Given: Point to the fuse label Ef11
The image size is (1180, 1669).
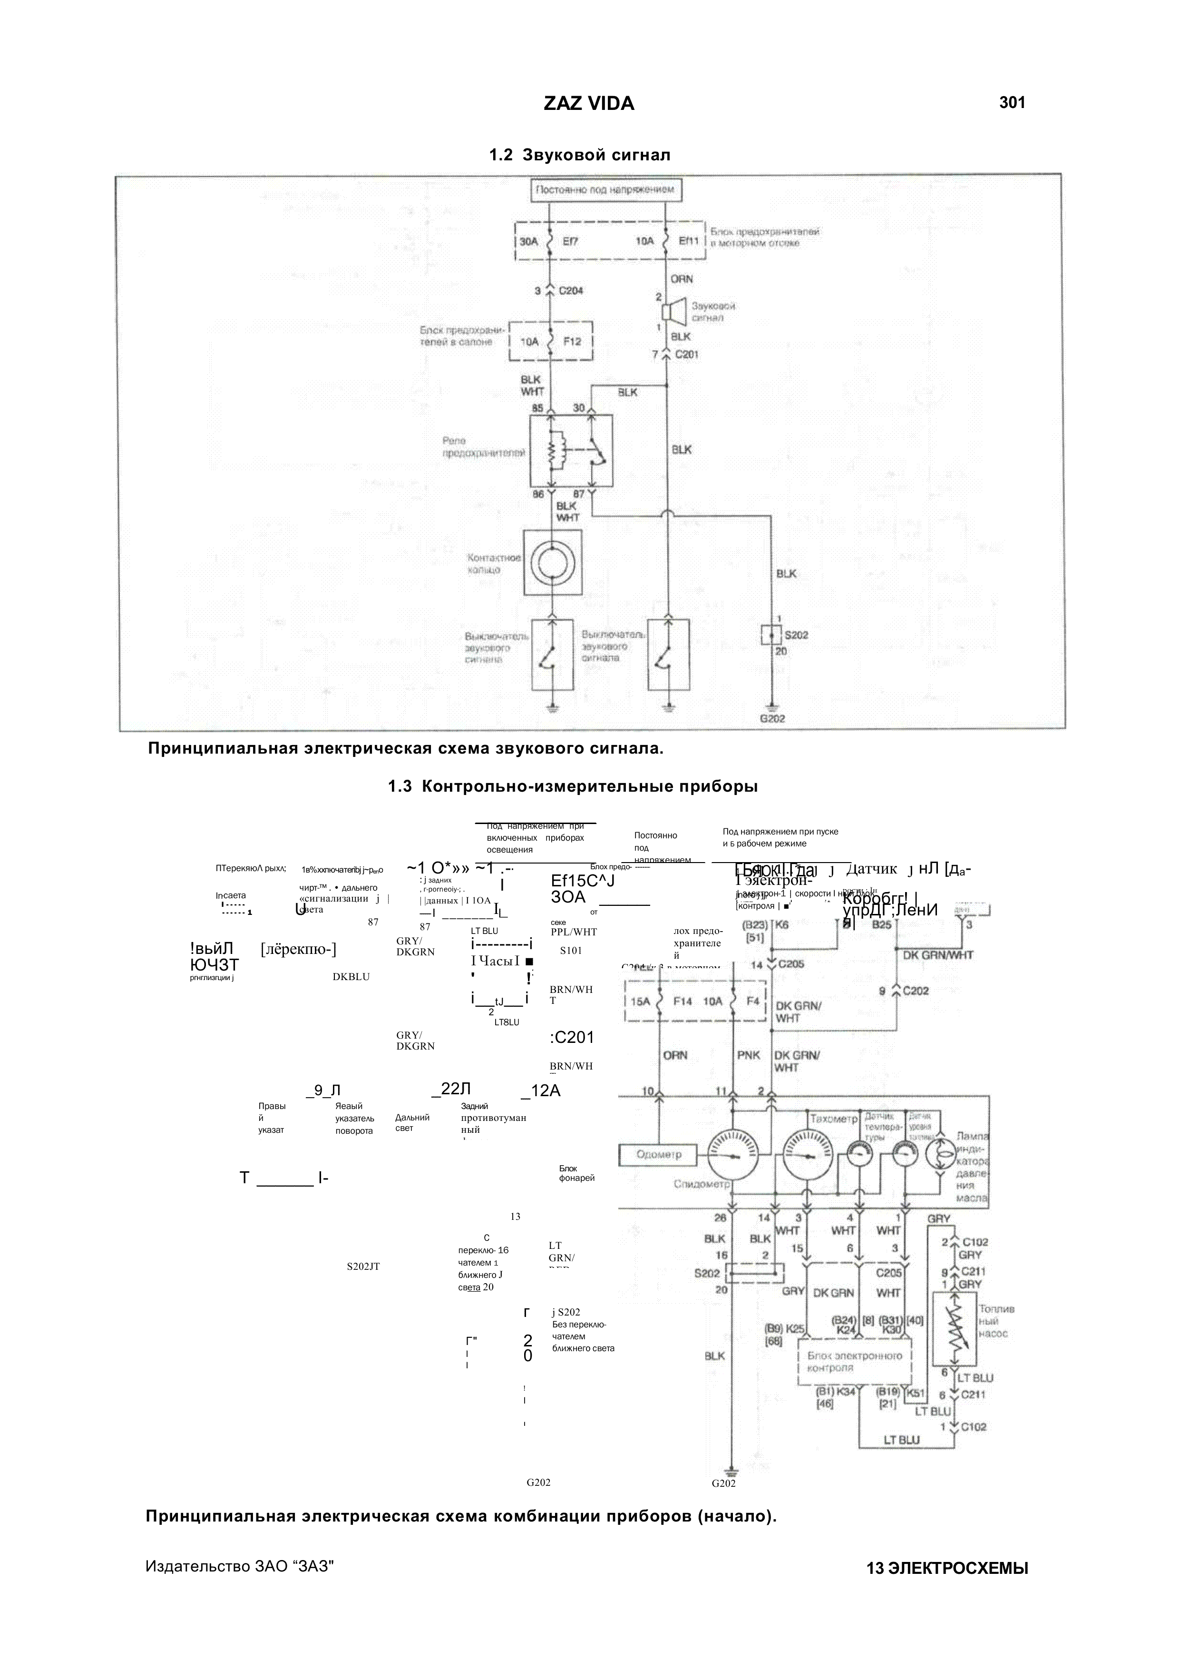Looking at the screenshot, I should click(x=687, y=241).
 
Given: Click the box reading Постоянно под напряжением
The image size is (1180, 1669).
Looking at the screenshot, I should click(x=606, y=190).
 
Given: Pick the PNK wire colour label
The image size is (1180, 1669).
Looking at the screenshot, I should click(x=749, y=1055).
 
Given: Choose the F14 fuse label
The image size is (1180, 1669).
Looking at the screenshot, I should click(x=683, y=1001).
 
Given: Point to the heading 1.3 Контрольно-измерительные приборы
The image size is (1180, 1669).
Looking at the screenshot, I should click(x=573, y=786).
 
